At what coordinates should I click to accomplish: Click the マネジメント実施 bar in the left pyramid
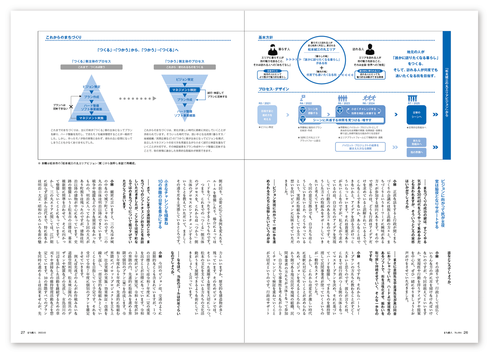(x=94, y=118)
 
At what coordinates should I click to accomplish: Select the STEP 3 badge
(x=339, y=110)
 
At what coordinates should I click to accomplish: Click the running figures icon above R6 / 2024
(x=369, y=98)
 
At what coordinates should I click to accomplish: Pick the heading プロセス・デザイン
(x=274, y=90)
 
